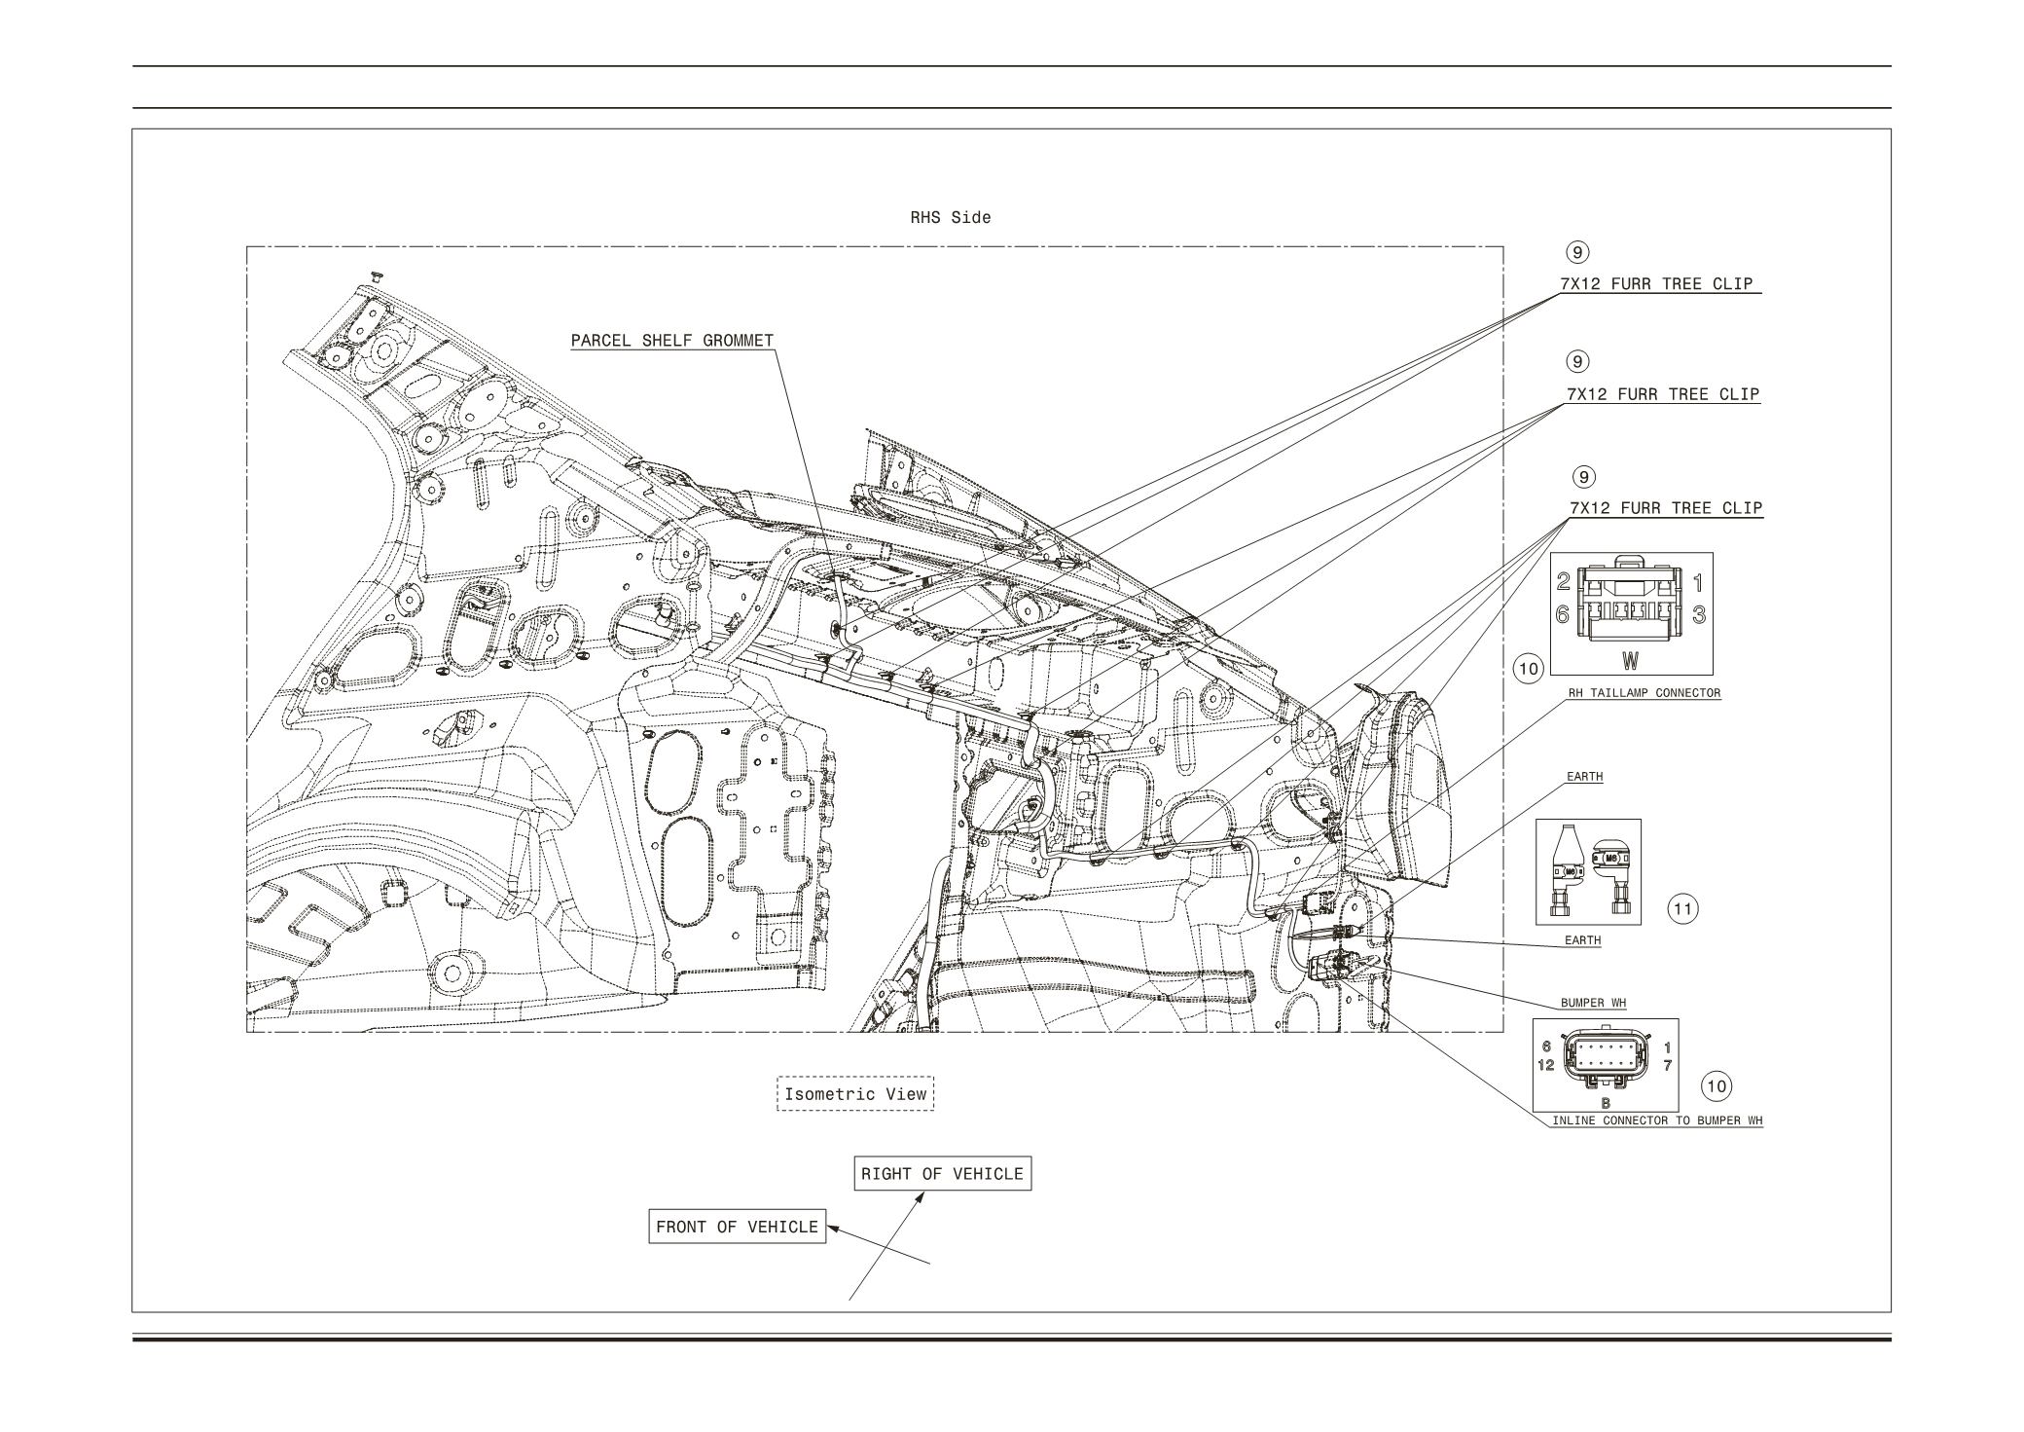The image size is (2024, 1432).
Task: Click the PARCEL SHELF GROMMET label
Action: click(x=671, y=341)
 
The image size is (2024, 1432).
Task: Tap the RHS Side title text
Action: click(x=950, y=218)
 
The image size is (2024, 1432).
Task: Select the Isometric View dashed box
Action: click(x=855, y=1094)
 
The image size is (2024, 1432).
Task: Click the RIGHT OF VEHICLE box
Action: click(x=942, y=1174)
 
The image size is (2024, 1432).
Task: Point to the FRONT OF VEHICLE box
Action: click(x=737, y=1227)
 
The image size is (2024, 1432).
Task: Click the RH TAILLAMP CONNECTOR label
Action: click(x=1644, y=693)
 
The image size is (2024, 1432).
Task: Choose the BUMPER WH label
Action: click(x=1593, y=1003)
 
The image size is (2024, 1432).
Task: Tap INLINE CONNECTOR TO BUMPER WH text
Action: click(x=1656, y=1120)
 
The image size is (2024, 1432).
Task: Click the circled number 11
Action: click(x=1682, y=909)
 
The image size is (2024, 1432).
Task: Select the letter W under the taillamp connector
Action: click(x=1630, y=661)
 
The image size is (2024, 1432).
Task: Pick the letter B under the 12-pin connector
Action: click(x=1606, y=1103)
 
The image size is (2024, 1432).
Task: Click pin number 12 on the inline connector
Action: click(x=1545, y=1065)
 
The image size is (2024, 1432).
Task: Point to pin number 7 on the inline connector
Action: click(x=1667, y=1065)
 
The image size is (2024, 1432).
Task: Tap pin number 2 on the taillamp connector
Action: click(x=1563, y=582)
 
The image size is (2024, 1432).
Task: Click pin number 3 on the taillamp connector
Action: click(x=1698, y=614)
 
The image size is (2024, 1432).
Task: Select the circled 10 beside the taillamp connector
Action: click(x=1529, y=669)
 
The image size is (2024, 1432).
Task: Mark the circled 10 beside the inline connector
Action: click(x=1717, y=1086)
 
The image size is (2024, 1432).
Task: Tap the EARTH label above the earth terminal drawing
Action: click(x=1584, y=777)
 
